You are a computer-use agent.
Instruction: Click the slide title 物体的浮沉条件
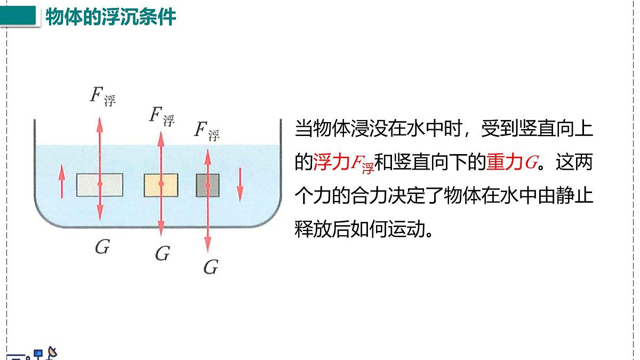point(110,17)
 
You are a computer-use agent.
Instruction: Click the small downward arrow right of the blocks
point(240,185)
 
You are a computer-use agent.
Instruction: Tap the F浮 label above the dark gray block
point(207,131)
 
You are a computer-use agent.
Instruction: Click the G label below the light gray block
point(102,246)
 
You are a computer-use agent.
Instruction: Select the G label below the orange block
point(162,254)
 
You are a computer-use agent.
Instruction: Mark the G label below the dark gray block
point(211,267)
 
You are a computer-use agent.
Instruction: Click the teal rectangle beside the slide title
point(19,16)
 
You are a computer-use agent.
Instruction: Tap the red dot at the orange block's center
point(161,183)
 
